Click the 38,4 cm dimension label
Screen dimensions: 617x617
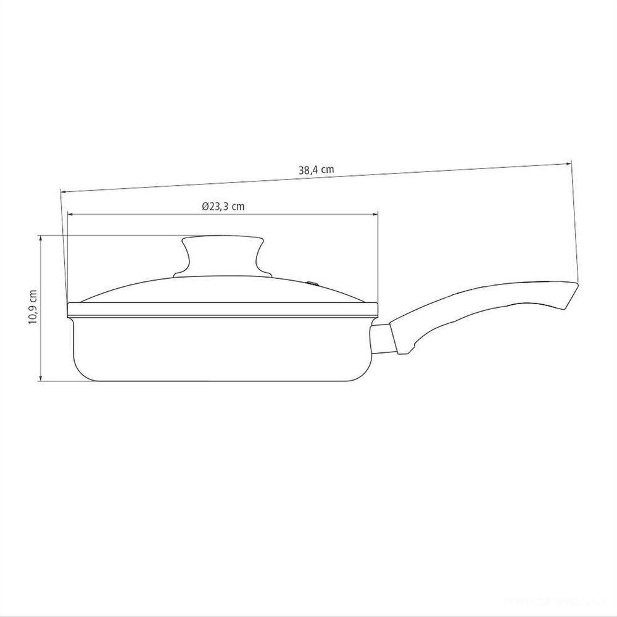tap(316, 171)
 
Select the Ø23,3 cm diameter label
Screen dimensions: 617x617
tap(223, 207)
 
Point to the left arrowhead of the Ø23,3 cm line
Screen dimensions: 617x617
tap(68, 214)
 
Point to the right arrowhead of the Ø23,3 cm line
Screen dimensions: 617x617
tap(378, 214)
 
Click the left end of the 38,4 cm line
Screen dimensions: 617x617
tap(61, 191)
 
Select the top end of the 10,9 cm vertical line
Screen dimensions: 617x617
tap(41, 236)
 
